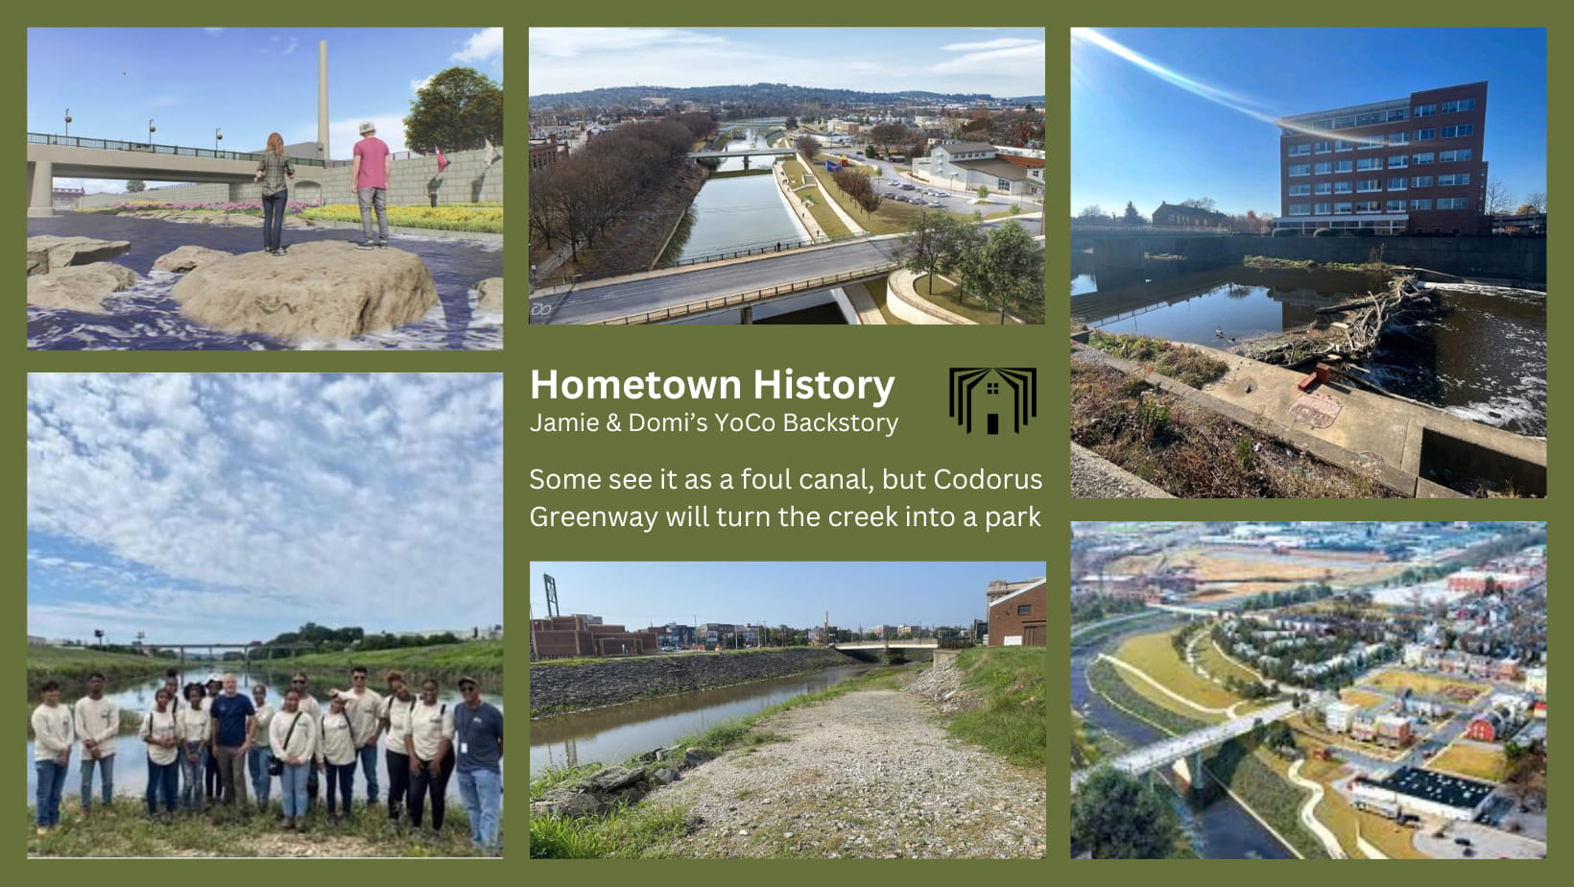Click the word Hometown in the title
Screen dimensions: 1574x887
(636, 385)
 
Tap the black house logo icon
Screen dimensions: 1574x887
(992, 400)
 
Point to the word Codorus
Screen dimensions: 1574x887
(988, 479)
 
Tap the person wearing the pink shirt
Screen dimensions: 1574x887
(371, 185)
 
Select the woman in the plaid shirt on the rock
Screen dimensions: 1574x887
(274, 193)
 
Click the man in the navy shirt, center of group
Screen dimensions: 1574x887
(231, 740)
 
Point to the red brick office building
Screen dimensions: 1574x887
(1383, 160)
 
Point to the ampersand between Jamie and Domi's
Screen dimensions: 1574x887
(612, 423)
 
